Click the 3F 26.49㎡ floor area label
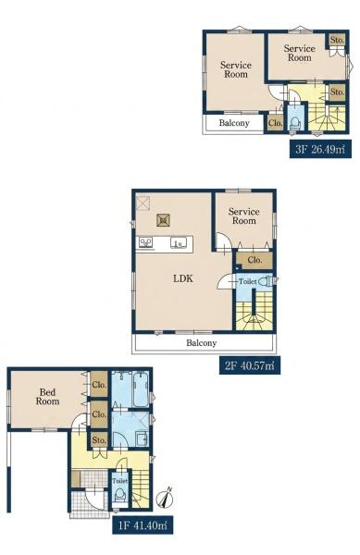click(320, 149)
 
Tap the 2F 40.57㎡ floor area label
click(250, 365)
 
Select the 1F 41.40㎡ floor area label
click(143, 524)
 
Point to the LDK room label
click(183, 278)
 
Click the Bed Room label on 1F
click(47, 397)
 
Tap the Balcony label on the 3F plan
click(234, 123)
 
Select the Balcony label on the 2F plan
click(202, 342)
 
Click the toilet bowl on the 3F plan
click(294, 123)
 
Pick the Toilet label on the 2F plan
click(247, 281)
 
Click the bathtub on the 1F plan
click(141, 389)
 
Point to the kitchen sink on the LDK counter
click(179, 242)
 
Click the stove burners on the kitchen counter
click(145, 242)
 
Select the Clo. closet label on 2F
click(254, 260)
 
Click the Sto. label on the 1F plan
click(99, 440)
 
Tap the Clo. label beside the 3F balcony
click(276, 123)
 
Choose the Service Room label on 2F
click(244, 216)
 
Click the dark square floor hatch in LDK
click(163, 220)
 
